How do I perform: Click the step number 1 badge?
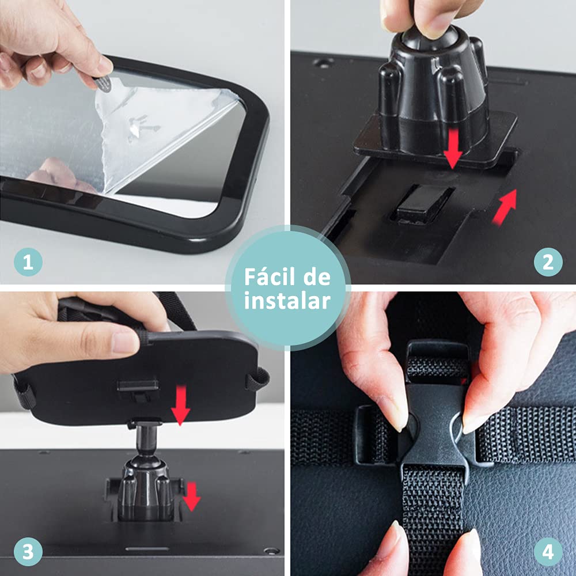28,262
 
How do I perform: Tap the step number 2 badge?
548,262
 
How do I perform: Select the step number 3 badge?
28,552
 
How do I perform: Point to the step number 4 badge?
548,552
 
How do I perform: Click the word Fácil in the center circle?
270,277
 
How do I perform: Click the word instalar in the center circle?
287,301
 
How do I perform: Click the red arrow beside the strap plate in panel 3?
181,405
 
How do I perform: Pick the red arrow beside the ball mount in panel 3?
192,497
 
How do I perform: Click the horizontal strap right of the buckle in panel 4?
525,434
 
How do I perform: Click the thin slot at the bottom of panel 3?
147,549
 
